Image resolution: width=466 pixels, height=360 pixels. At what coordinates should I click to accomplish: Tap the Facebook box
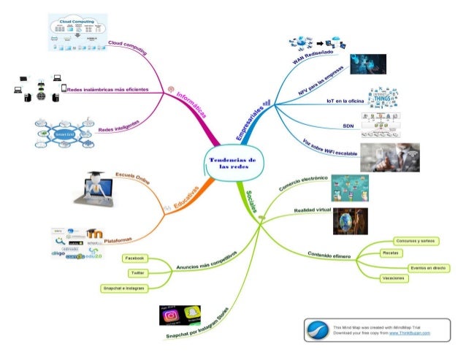tap(135, 258)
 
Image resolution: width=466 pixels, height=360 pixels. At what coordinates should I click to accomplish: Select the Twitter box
tap(137, 273)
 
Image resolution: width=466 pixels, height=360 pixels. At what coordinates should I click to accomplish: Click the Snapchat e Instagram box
tap(126, 288)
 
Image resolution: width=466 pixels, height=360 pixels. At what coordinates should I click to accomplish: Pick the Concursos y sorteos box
tap(415, 240)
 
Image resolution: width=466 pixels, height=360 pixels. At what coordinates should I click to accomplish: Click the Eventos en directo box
tap(428, 268)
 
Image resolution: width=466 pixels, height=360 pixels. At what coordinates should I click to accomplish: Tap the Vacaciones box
tap(394, 278)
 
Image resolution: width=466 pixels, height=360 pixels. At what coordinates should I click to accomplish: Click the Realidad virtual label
tap(313, 210)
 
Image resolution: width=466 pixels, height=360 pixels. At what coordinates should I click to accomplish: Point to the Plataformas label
tap(118, 239)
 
